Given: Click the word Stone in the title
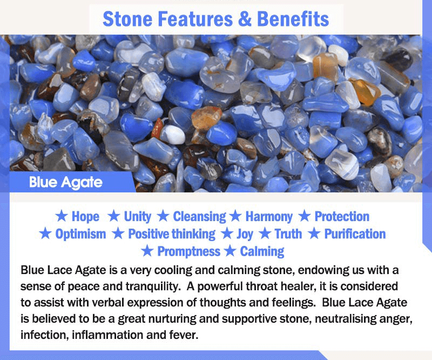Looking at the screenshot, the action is point(127,19).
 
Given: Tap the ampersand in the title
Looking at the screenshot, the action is point(245,19).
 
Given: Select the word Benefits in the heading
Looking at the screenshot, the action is point(293,19).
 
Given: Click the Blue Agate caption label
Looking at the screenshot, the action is point(66,182).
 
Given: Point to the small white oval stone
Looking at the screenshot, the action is point(173,135).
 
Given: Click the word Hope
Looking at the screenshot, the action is point(85,216).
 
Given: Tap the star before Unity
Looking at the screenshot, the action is point(113,216).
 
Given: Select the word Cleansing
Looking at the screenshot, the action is point(199,217).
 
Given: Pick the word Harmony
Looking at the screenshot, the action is point(269,217).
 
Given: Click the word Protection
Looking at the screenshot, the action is point(342,216).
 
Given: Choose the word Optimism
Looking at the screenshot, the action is point(80,234).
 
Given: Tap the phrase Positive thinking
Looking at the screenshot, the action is point(172,234).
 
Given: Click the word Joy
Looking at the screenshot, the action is point(245,234).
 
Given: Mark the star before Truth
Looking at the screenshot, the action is point(265,234).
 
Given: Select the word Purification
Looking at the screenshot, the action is point(355,234).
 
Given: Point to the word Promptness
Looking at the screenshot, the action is point(188,251).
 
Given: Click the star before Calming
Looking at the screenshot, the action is point(230,251).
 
